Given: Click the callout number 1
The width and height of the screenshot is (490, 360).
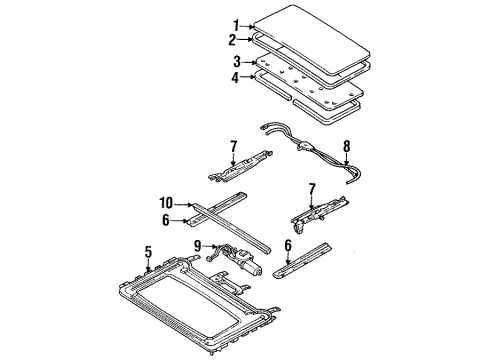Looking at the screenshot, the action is coord(236,26).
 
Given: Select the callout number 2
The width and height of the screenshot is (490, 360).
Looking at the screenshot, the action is coord(232,40).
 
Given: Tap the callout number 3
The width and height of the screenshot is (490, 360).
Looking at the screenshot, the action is coord(237,62).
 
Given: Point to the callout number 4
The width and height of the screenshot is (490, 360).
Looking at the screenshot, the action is coord(235,78).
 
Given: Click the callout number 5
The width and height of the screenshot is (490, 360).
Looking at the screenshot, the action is coord(148,252).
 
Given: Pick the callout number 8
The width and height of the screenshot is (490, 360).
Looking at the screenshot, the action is coord(347,146).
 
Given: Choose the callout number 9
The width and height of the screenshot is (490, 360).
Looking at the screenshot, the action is coord(198,246).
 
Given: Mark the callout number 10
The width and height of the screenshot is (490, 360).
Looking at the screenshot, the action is coord(166,203).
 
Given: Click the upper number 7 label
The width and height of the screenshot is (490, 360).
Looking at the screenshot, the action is coord(233,146).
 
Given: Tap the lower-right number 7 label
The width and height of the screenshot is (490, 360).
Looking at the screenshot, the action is coord(312,189).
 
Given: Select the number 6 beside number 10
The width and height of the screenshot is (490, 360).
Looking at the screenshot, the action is coord(166,220).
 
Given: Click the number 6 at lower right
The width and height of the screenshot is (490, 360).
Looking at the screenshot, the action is coord(288,246).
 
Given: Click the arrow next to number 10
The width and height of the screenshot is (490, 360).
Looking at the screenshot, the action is coord(184,205).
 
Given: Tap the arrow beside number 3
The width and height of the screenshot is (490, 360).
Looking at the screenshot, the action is coord(249,62).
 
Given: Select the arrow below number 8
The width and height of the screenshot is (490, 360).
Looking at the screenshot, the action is coord(347,159).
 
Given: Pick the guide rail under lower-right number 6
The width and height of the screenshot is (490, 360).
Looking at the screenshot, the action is coord(302,260).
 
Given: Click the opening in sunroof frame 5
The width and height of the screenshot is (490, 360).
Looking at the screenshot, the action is coord(187,303).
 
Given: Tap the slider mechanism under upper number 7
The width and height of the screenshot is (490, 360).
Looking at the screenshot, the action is coord(240,166).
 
